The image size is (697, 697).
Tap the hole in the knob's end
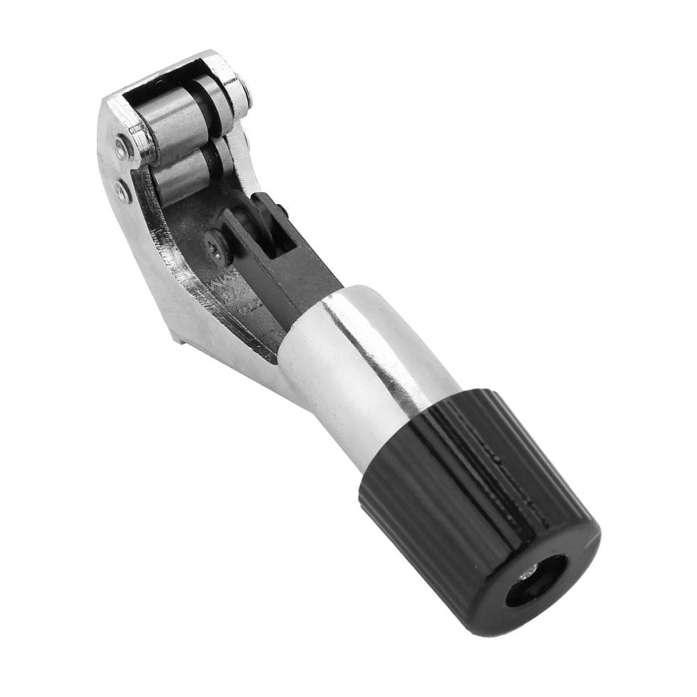pos(536,581)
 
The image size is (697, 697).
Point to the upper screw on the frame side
pos(123,147)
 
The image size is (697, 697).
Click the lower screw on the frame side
pos(124,189)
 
